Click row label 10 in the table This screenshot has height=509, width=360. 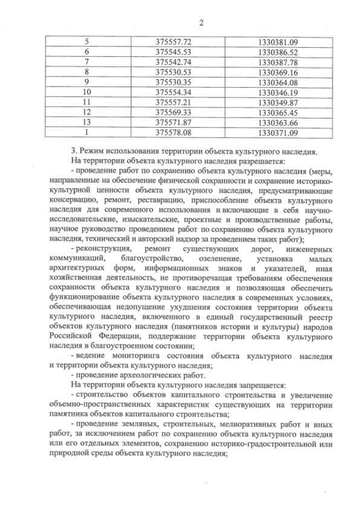pos(87,92)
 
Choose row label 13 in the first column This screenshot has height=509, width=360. pos(87,123)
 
